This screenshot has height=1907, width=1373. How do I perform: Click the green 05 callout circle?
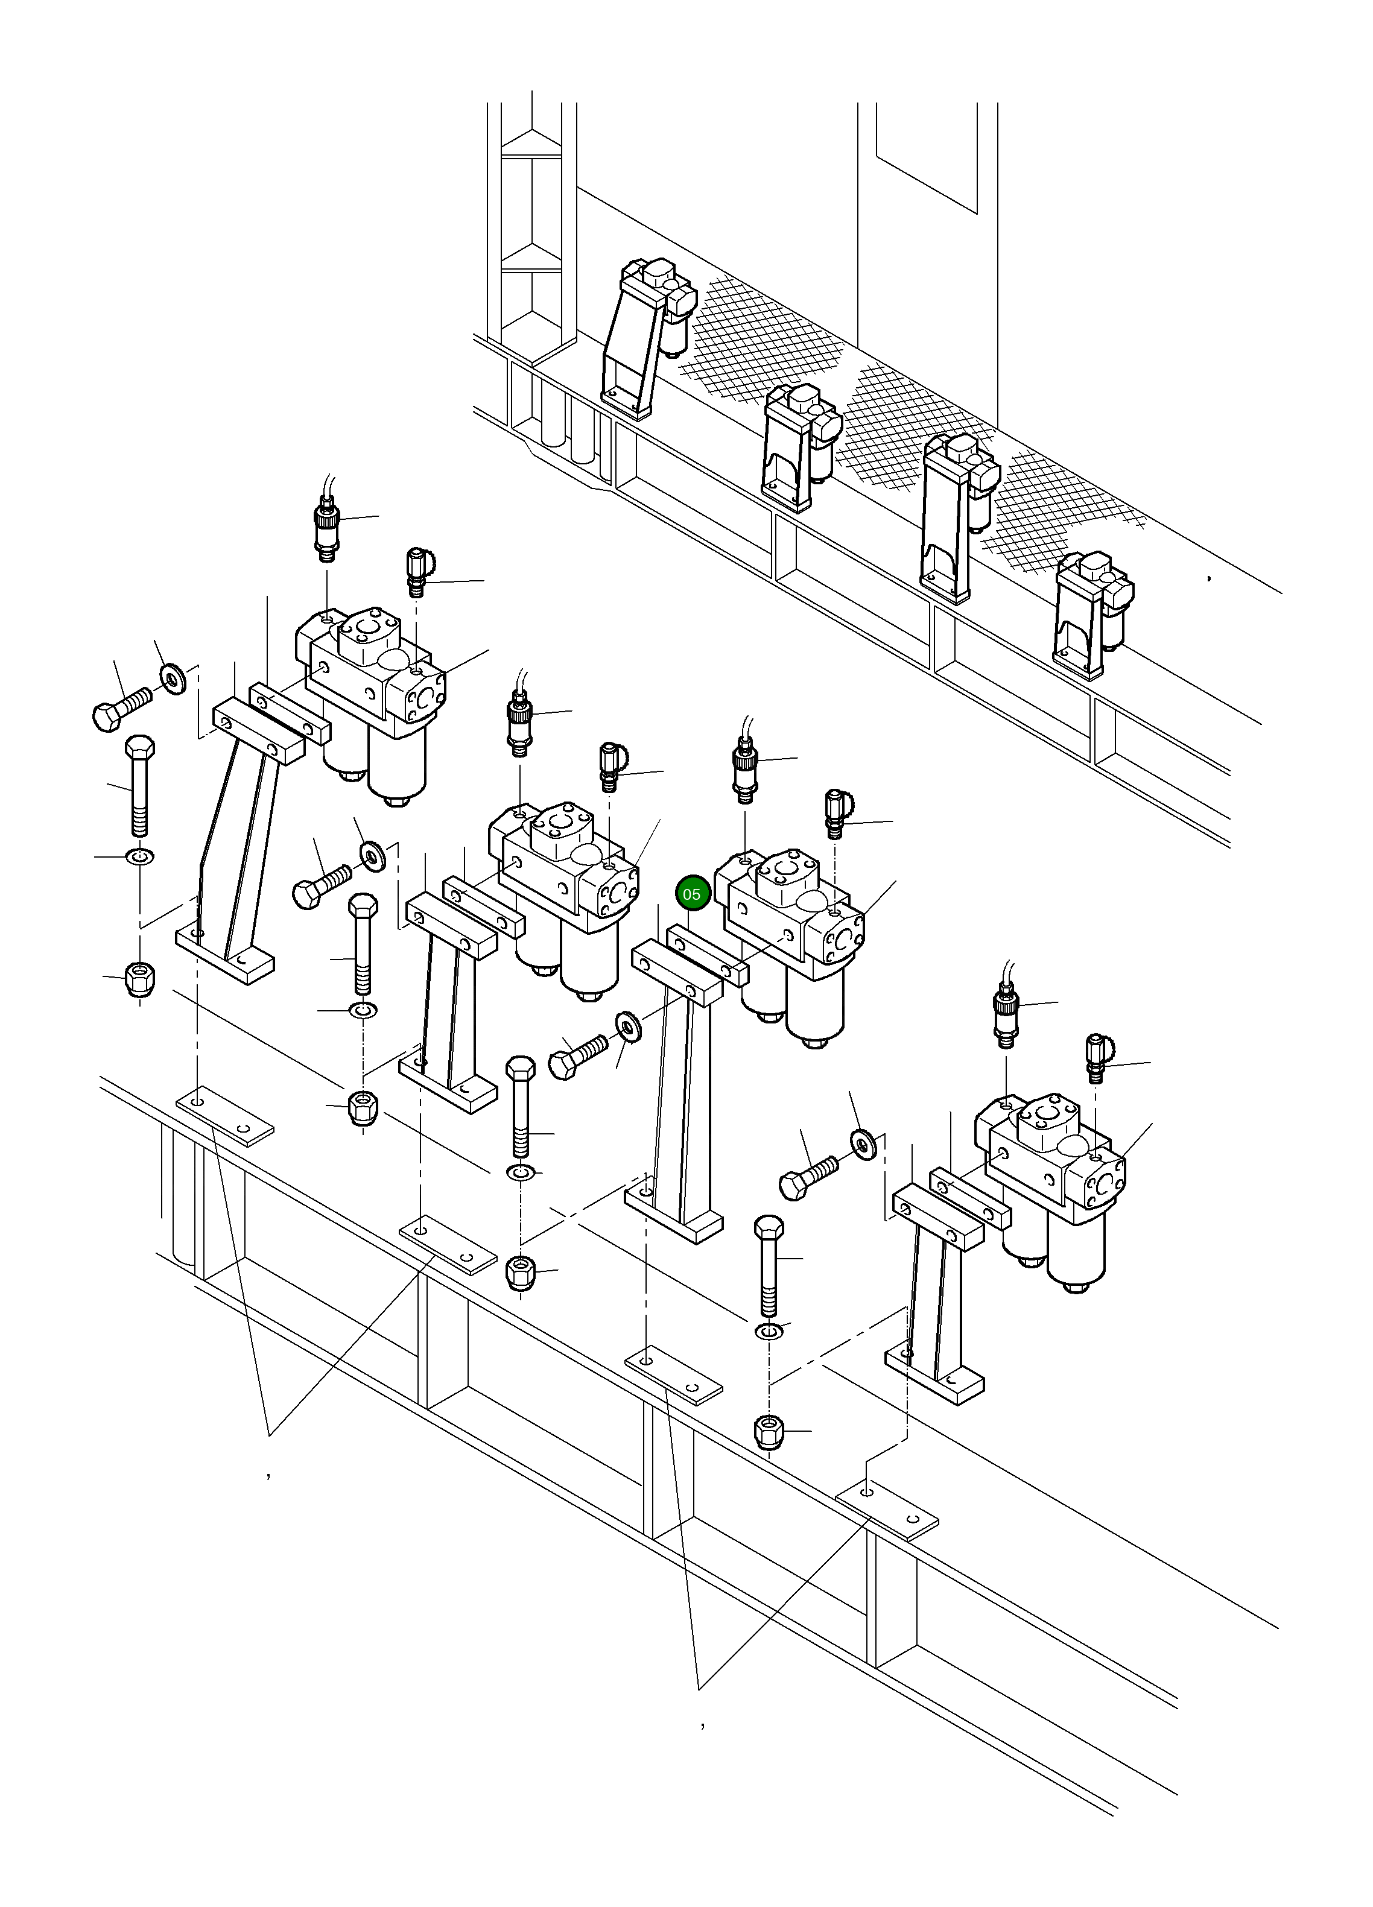tap(691, 894)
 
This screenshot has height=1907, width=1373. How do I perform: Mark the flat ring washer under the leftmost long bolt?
tap(139, 857)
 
